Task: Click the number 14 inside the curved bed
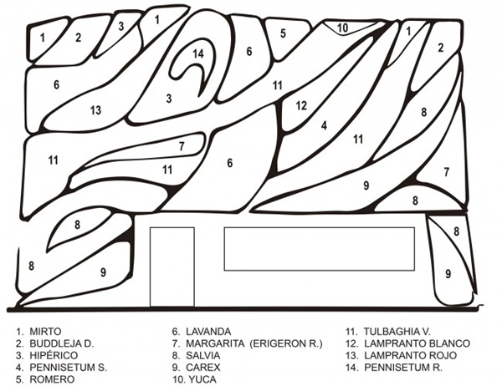click(198, 53)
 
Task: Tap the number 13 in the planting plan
click(95, 110)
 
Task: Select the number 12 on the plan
click(301, 105)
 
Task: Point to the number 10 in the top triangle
click(342, 28)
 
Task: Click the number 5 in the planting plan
click(283, 33)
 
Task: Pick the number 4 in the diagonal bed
click(325, 125)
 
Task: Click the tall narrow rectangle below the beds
click(172, 267)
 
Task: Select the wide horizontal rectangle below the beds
click(320, 249)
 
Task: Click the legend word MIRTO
click(45, 332)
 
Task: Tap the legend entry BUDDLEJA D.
click(62, 343)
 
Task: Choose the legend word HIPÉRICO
click(54, 355)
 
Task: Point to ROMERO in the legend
click(52, 379)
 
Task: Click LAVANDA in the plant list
click(208, 332)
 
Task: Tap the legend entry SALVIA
click(203, 355)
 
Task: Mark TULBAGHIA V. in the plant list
click(397, 332)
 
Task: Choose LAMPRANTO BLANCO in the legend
click(417, 343)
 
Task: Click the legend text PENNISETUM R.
click(403, 367)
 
